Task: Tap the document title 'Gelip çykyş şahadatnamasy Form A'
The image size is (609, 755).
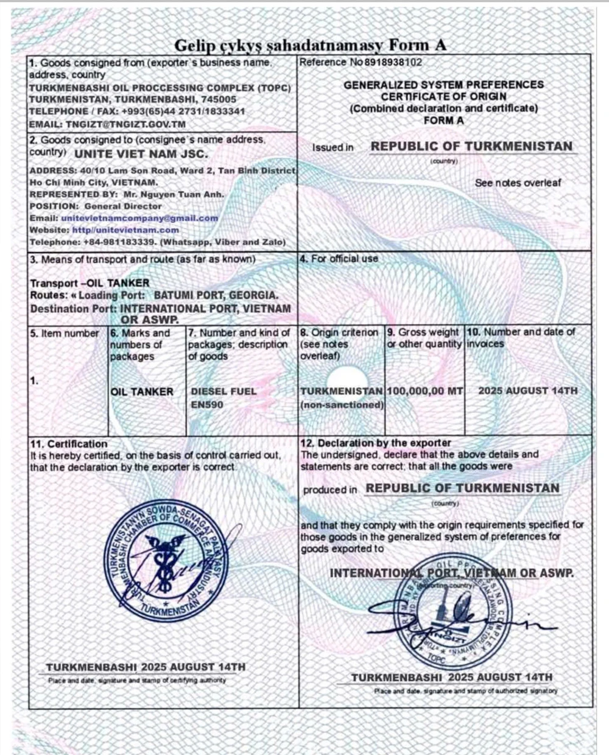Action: point(311,44)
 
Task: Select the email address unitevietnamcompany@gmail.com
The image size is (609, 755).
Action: point(139,218)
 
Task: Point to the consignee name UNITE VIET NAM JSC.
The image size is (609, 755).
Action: point(141,154)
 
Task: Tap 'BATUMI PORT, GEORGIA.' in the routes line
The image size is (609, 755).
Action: point(216,295)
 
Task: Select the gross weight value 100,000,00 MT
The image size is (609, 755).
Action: point(424,391)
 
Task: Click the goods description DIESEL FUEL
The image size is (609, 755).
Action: point(224,392)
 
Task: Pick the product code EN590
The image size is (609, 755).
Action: point(207,405)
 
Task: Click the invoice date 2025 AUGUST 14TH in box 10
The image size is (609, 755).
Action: point(527,391)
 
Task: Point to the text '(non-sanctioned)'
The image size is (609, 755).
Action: point(342,405)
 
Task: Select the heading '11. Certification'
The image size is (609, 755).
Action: point(69,444)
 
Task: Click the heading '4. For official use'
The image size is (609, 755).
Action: point(339,259)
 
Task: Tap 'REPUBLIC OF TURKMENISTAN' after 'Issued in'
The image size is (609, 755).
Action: point(471,147)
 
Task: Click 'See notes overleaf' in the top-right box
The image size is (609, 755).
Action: point(518,183)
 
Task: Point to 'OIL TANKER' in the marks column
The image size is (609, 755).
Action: point(142,392)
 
